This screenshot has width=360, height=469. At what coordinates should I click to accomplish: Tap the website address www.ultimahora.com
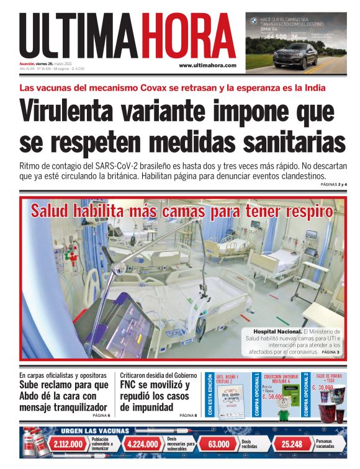207,65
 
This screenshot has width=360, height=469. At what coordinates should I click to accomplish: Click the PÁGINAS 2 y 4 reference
334,185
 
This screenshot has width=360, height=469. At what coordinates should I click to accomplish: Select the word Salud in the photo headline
58,211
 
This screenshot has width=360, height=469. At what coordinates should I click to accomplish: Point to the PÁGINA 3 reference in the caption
330,352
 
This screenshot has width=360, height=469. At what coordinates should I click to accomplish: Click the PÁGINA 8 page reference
187,415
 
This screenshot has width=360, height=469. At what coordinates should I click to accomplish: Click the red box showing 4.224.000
144,444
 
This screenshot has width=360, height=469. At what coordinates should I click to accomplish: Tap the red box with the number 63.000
218,444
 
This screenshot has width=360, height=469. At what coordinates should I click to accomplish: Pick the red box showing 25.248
292,444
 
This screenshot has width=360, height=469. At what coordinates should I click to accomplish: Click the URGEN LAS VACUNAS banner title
95,431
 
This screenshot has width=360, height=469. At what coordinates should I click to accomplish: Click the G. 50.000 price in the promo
272,396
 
